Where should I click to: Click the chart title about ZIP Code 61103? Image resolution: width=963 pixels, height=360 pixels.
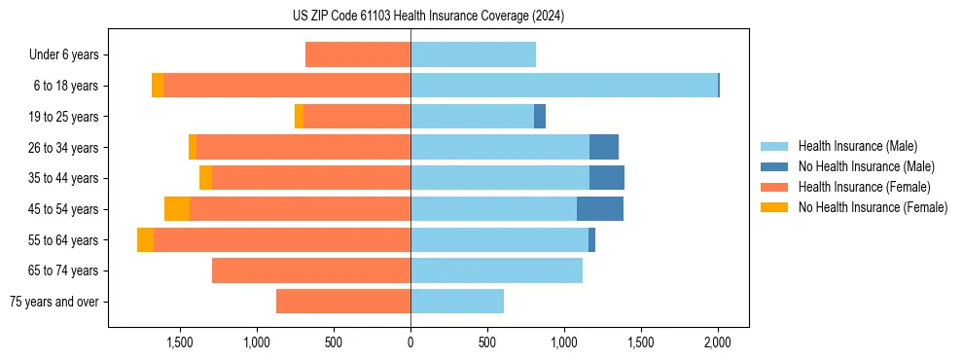[x=428, y=17]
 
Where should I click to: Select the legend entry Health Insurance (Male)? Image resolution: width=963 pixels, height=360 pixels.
[x=857, y=146]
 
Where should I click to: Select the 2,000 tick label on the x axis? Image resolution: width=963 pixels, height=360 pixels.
[x=718, y=342]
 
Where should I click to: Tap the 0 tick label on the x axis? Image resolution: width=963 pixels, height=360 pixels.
[x=410, y=342]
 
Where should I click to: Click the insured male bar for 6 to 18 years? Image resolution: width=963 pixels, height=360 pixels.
[x=564, y=86]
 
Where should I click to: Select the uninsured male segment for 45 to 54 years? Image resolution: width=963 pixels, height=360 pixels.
[x=600, y=209]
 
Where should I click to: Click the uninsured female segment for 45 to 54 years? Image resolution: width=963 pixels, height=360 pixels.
[x=177, y=209]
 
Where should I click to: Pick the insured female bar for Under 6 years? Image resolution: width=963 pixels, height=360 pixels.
[x=358, y=55]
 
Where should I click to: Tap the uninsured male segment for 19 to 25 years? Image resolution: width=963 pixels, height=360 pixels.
[x=540, y=117]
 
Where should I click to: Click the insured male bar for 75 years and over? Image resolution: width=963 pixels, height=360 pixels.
[x=457, y=302]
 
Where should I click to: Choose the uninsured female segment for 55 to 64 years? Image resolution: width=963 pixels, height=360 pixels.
[x=145, y=240]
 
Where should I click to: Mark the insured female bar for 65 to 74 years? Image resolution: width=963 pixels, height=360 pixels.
[x=311, y=270]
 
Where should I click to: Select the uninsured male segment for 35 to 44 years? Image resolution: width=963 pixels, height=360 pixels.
[x=607, y=178]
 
